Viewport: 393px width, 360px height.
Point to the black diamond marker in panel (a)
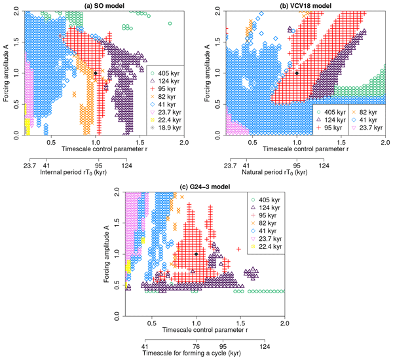(x=96, y=73)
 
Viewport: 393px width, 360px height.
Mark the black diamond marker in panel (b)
(x=297, y=73)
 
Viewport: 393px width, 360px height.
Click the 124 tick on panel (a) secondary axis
(x=126, y=164)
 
